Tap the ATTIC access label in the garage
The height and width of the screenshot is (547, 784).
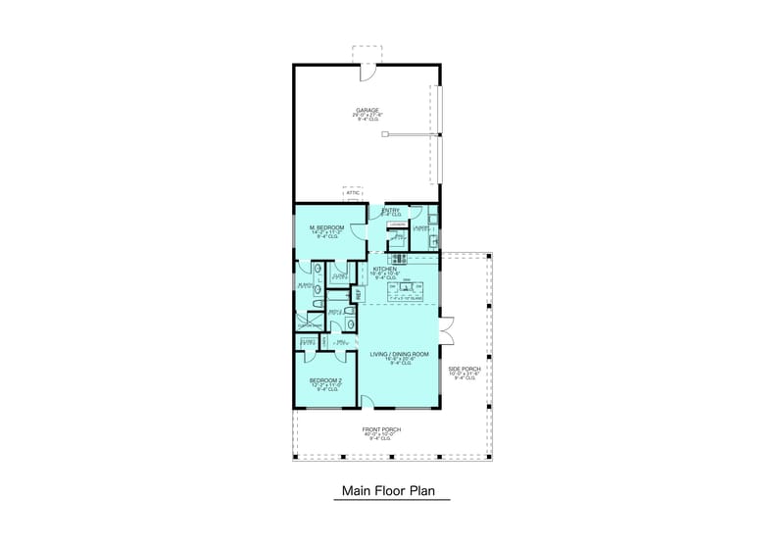pos(353,193)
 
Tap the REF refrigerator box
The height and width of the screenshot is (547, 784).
pos(358,293)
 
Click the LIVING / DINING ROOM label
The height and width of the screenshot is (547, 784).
pos(398,357)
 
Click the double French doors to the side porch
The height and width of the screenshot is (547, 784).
pos(447,331)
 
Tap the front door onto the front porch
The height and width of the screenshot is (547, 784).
pos(366,401)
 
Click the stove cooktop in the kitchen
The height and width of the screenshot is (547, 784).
pos(406,259)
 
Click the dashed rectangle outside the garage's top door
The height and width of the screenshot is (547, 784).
pos(367,53)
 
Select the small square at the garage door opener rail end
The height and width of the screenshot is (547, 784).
pos(387,136)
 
